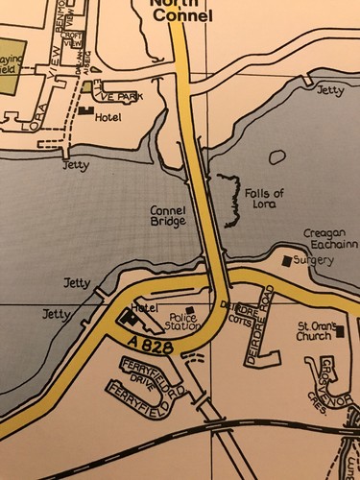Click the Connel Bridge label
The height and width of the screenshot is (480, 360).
(169, 214)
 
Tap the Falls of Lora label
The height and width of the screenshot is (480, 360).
(264, 199)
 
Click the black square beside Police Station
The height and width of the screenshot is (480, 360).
(189, 309)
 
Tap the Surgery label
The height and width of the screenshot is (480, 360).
(313, 260)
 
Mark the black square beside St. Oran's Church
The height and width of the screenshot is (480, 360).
(340, 333)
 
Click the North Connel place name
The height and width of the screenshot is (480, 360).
(175, 10)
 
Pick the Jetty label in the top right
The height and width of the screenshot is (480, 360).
(329, 90)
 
